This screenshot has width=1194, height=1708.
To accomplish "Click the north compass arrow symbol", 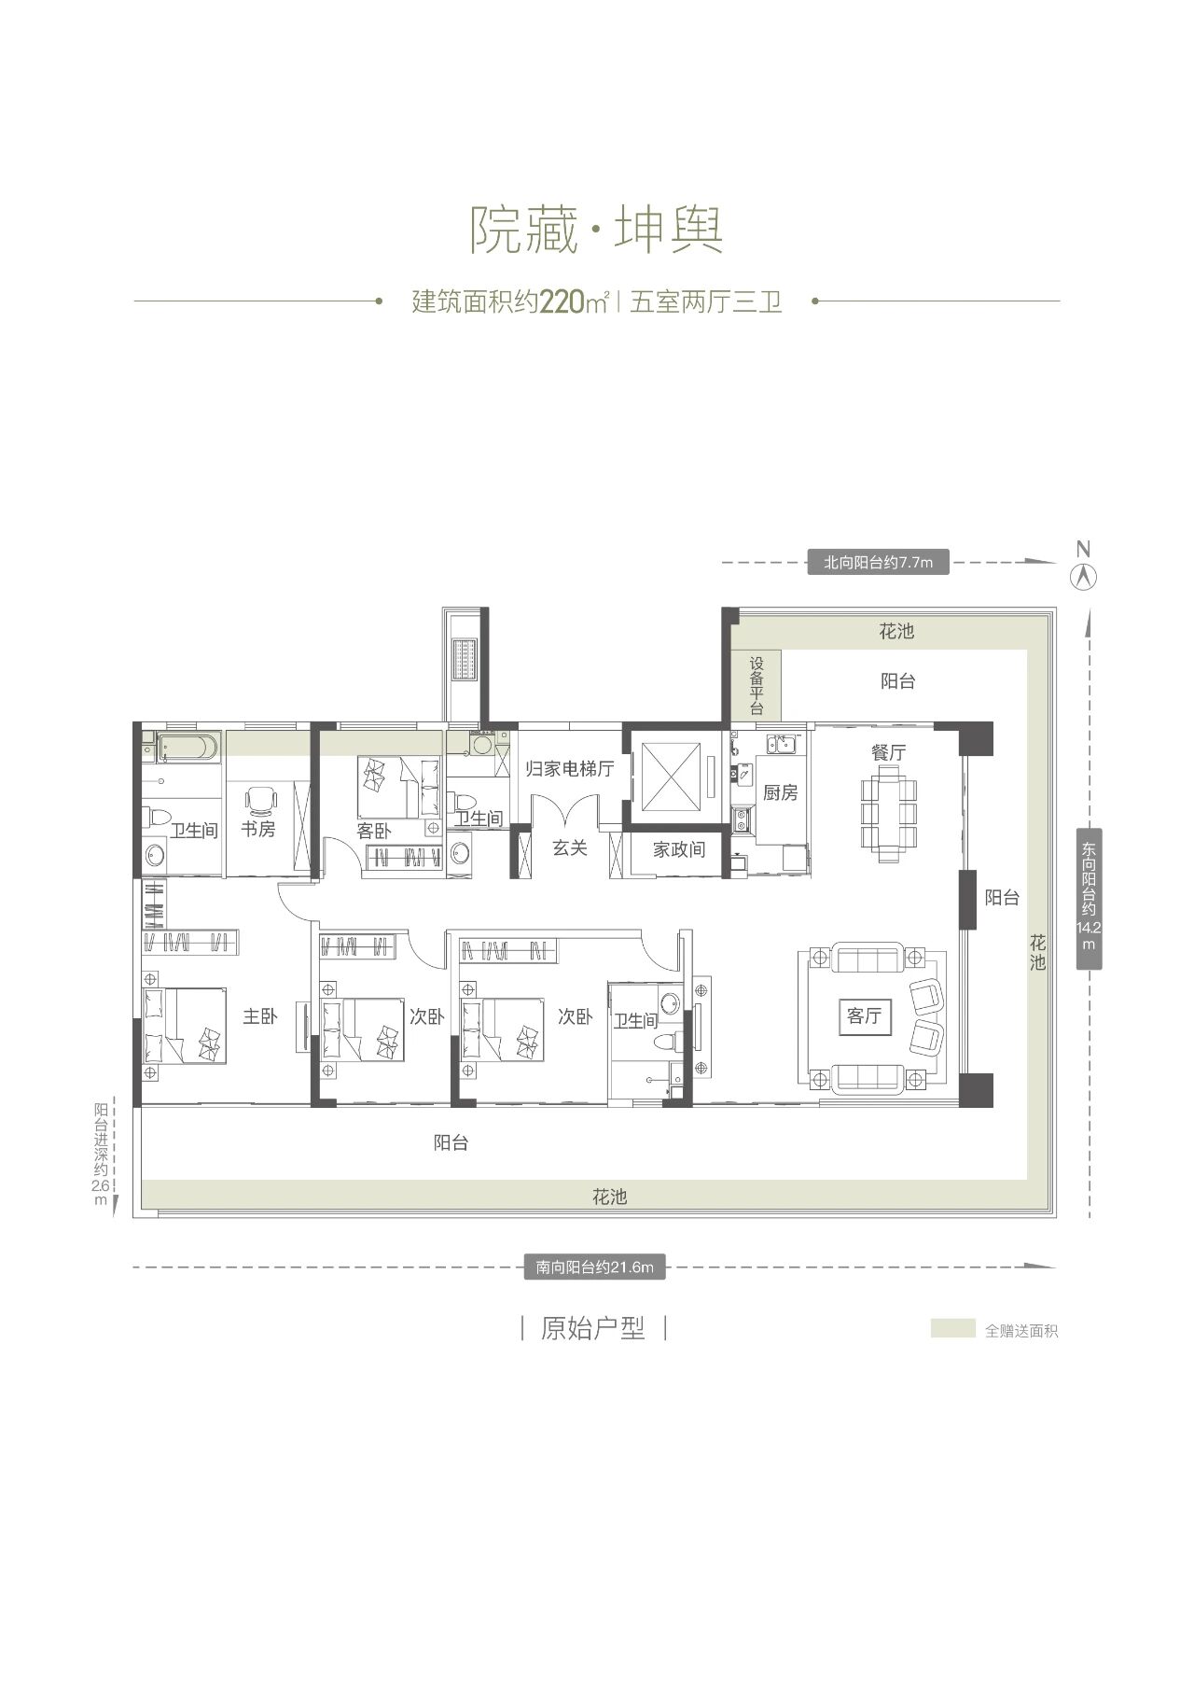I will tap(1083, 576).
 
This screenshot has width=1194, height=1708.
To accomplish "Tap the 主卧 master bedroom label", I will tap(260, 1016).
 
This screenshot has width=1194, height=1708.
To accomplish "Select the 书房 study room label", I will tap(258, 828).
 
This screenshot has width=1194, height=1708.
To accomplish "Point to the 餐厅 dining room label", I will tap(889, 752).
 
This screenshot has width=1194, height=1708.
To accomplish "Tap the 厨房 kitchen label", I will tap(780, 792).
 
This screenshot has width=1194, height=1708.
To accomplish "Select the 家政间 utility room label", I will tap(678, 849).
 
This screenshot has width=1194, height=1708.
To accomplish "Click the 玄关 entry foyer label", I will tap(569, 847).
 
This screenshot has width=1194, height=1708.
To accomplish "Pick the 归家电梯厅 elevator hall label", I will tap(569, 769).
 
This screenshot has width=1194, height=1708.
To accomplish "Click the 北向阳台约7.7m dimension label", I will tap(878, 562).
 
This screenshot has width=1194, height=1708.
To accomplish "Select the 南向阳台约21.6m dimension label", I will tap(594, 1267).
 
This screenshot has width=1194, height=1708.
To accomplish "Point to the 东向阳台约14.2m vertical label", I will tap(1089, 897).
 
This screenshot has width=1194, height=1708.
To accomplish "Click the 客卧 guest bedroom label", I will tap(374, 830).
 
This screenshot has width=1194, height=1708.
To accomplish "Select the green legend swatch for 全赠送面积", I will tap(952, 1328).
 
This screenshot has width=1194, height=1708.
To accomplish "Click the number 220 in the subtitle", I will tap(562, 302).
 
